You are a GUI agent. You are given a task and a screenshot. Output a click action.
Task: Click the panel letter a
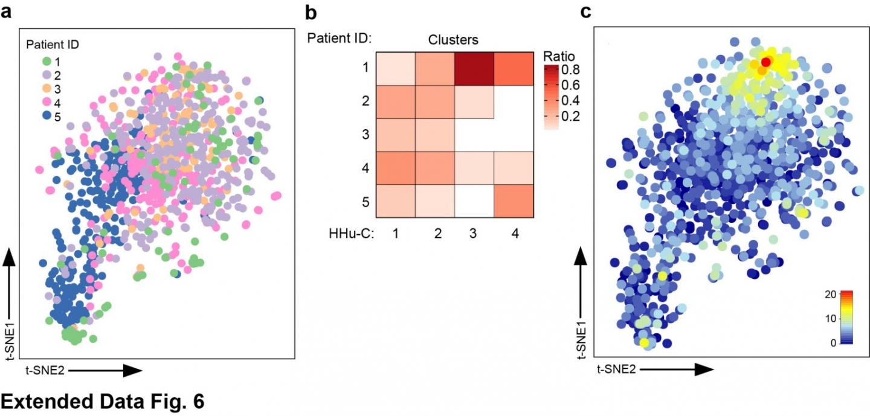[7, 11]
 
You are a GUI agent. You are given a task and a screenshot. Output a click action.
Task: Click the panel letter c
[586, 11]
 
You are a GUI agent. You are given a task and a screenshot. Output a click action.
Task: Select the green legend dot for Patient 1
[47, 61]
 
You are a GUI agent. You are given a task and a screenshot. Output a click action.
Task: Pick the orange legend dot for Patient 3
[47, 89]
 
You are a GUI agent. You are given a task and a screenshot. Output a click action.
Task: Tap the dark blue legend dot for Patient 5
[47, 117]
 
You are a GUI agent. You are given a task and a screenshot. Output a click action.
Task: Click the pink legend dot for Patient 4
[47, 103]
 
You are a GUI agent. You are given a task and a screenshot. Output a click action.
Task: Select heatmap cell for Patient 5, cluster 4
[513, 201]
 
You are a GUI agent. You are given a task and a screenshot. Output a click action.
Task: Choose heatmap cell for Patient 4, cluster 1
[395, 168]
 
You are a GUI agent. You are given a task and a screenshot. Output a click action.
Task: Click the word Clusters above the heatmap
[453, 40]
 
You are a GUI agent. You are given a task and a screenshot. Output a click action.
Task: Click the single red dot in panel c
[766, 62]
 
